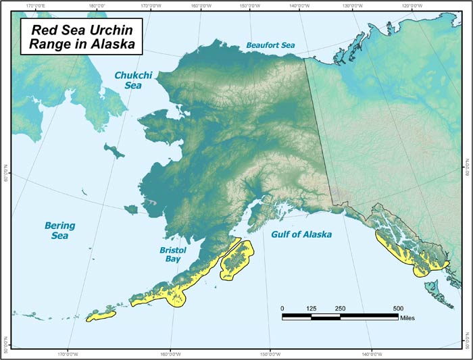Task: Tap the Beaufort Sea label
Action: [270, 45]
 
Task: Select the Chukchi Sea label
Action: [133, 80]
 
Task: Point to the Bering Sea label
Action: [59, 230]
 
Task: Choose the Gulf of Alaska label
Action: [301, 235]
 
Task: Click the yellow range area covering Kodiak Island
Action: [236, 259]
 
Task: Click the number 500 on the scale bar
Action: [399, 308]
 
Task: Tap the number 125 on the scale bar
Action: [312, 308]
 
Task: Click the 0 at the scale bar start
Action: [282, 308]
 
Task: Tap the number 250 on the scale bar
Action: [341, 308]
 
